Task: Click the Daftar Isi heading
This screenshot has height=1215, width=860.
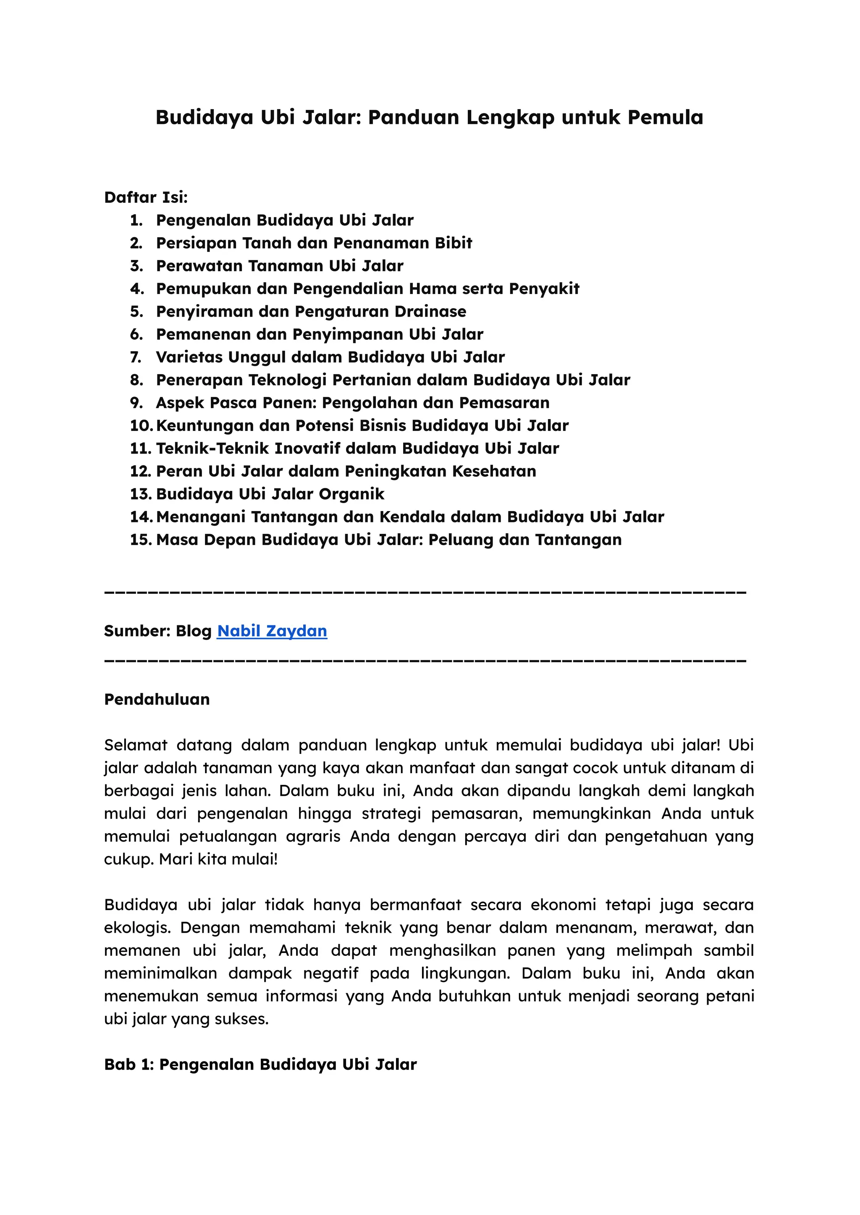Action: [x=146, y=197]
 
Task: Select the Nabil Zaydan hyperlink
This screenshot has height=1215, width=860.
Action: [x=272, y=631]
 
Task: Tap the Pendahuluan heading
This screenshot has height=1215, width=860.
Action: [x=157, y=699]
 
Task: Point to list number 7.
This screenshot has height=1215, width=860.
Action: [x=136, y=357]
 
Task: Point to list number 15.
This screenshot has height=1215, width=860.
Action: [x=141, y=539]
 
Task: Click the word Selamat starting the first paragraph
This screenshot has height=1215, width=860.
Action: [x=136, y=745]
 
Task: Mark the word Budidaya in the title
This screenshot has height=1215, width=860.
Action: [x=205, y=118]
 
